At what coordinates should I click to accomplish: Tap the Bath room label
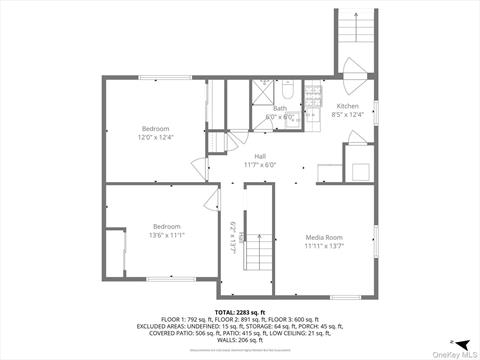click(280, 108)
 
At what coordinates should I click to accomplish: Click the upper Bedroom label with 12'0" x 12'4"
click(155, 128)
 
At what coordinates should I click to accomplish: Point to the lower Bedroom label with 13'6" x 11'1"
click(166, 226)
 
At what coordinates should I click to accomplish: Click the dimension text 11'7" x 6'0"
click(259, 165)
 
